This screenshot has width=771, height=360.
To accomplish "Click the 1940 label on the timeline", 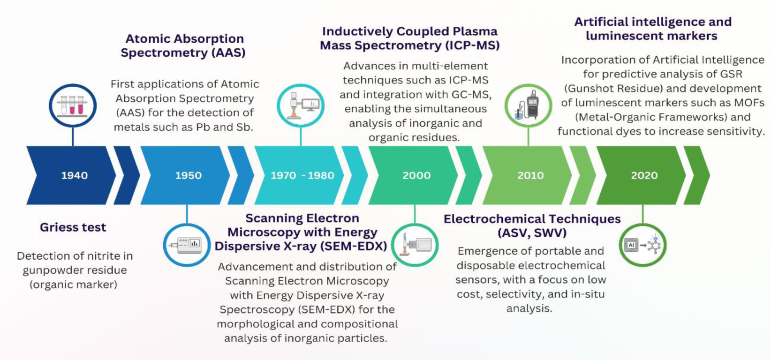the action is [x=75, y=175].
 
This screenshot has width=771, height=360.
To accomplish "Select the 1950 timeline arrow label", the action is [x=188, y=175].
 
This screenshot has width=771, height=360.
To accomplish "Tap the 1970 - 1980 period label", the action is [x=302, y=175].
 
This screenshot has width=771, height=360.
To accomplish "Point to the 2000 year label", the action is [x=416, y=175].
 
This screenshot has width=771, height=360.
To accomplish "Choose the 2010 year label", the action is [x=530, y=175].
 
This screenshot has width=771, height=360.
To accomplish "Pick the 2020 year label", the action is [x=644, y=175].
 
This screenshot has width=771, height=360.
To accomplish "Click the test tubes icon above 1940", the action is [x=73, y=105].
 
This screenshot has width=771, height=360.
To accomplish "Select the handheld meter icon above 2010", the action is [x=529, y=105].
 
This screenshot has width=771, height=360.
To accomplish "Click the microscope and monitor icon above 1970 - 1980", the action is [x=301, y=105].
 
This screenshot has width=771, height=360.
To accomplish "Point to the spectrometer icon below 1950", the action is [x=187, y=245].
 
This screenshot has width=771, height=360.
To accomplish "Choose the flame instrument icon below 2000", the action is [x=415, y=245].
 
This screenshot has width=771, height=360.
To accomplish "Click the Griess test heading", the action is [x=73, y=227].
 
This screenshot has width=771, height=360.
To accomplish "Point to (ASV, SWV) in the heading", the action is [x=532, y=233].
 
